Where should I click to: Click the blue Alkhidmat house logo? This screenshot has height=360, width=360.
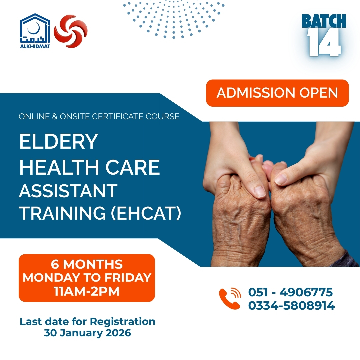(35, 31)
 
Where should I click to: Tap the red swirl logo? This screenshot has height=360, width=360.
(71, 31)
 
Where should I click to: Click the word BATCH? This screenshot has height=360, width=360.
(324, 21)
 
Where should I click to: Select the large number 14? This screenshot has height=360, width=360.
(324, 43)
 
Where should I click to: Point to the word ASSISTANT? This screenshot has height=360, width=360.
(68, 191)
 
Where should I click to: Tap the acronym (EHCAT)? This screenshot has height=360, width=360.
(146, 213)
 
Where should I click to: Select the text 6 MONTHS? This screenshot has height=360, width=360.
(87, 264)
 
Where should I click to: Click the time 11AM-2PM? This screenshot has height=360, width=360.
(87, 291)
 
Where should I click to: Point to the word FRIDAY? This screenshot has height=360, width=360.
(128, 278)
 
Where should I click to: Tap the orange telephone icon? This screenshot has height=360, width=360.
(230, 298)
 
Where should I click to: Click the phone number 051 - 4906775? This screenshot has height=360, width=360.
(290, 292)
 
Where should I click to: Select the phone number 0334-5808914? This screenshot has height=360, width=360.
(291, 306)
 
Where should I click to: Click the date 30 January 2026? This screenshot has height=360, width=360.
(87, 333)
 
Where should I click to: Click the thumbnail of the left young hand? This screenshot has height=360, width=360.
(260, 191)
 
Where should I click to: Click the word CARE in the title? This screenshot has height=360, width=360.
(132, 167)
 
